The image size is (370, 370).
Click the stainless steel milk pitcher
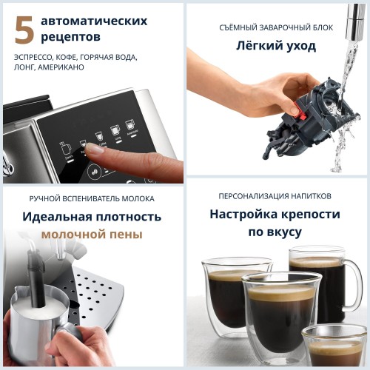pos(37,333)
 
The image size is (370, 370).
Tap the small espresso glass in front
pos(335,347)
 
